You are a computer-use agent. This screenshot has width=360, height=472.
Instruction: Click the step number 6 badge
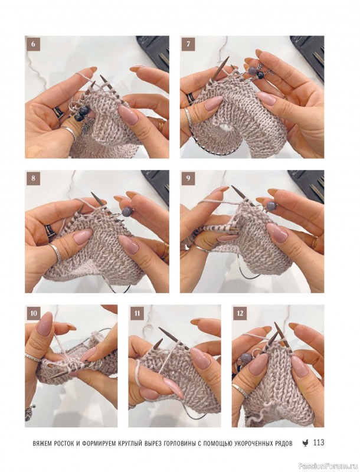(x=33, y=44)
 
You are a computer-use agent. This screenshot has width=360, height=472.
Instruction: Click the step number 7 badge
(x=188, y=44)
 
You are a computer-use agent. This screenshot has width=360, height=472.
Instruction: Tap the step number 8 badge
(x=33, y=178)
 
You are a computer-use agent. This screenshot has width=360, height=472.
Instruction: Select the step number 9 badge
(x=188, y=178)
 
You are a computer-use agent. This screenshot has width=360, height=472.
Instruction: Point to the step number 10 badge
(x=34, y=313)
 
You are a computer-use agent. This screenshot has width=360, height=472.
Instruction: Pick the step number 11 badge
(x=137, y=313)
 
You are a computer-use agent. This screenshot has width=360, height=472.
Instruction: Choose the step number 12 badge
(x=240, y=313)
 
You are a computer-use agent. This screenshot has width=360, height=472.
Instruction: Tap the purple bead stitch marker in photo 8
(x=126, y=210)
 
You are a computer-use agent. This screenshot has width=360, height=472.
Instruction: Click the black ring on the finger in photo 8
(x=50, y=231)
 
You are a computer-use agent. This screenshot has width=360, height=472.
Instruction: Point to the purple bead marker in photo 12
(x=246, y=359)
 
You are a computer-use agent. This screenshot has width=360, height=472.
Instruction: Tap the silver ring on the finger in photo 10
(x=33, y=358)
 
